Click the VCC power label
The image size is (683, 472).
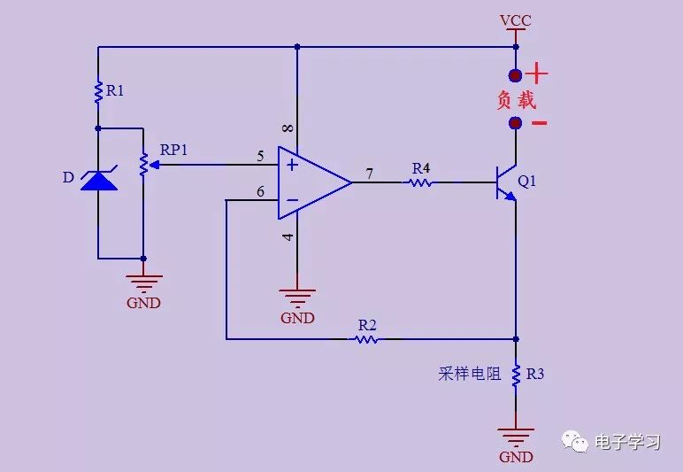[515, 20]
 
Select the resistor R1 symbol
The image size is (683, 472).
[98, 90]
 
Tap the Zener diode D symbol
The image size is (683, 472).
[98, 180]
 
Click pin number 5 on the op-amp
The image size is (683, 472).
[260, 157]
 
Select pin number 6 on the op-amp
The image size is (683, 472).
[260, 191]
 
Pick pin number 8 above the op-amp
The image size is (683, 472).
[288, 129]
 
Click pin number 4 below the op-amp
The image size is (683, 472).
[288, 237]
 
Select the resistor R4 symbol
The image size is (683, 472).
[419, 182]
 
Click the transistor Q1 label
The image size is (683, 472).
[527, 182]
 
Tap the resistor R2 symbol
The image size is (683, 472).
[367, 338]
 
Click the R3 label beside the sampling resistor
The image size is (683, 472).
[535, 374]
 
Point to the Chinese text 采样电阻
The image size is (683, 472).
[469, 374]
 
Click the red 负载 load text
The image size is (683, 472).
[516, 99]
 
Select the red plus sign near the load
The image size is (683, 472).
[538, 74]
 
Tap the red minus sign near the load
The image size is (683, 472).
[538, 123]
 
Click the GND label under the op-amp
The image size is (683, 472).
[297, 318]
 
